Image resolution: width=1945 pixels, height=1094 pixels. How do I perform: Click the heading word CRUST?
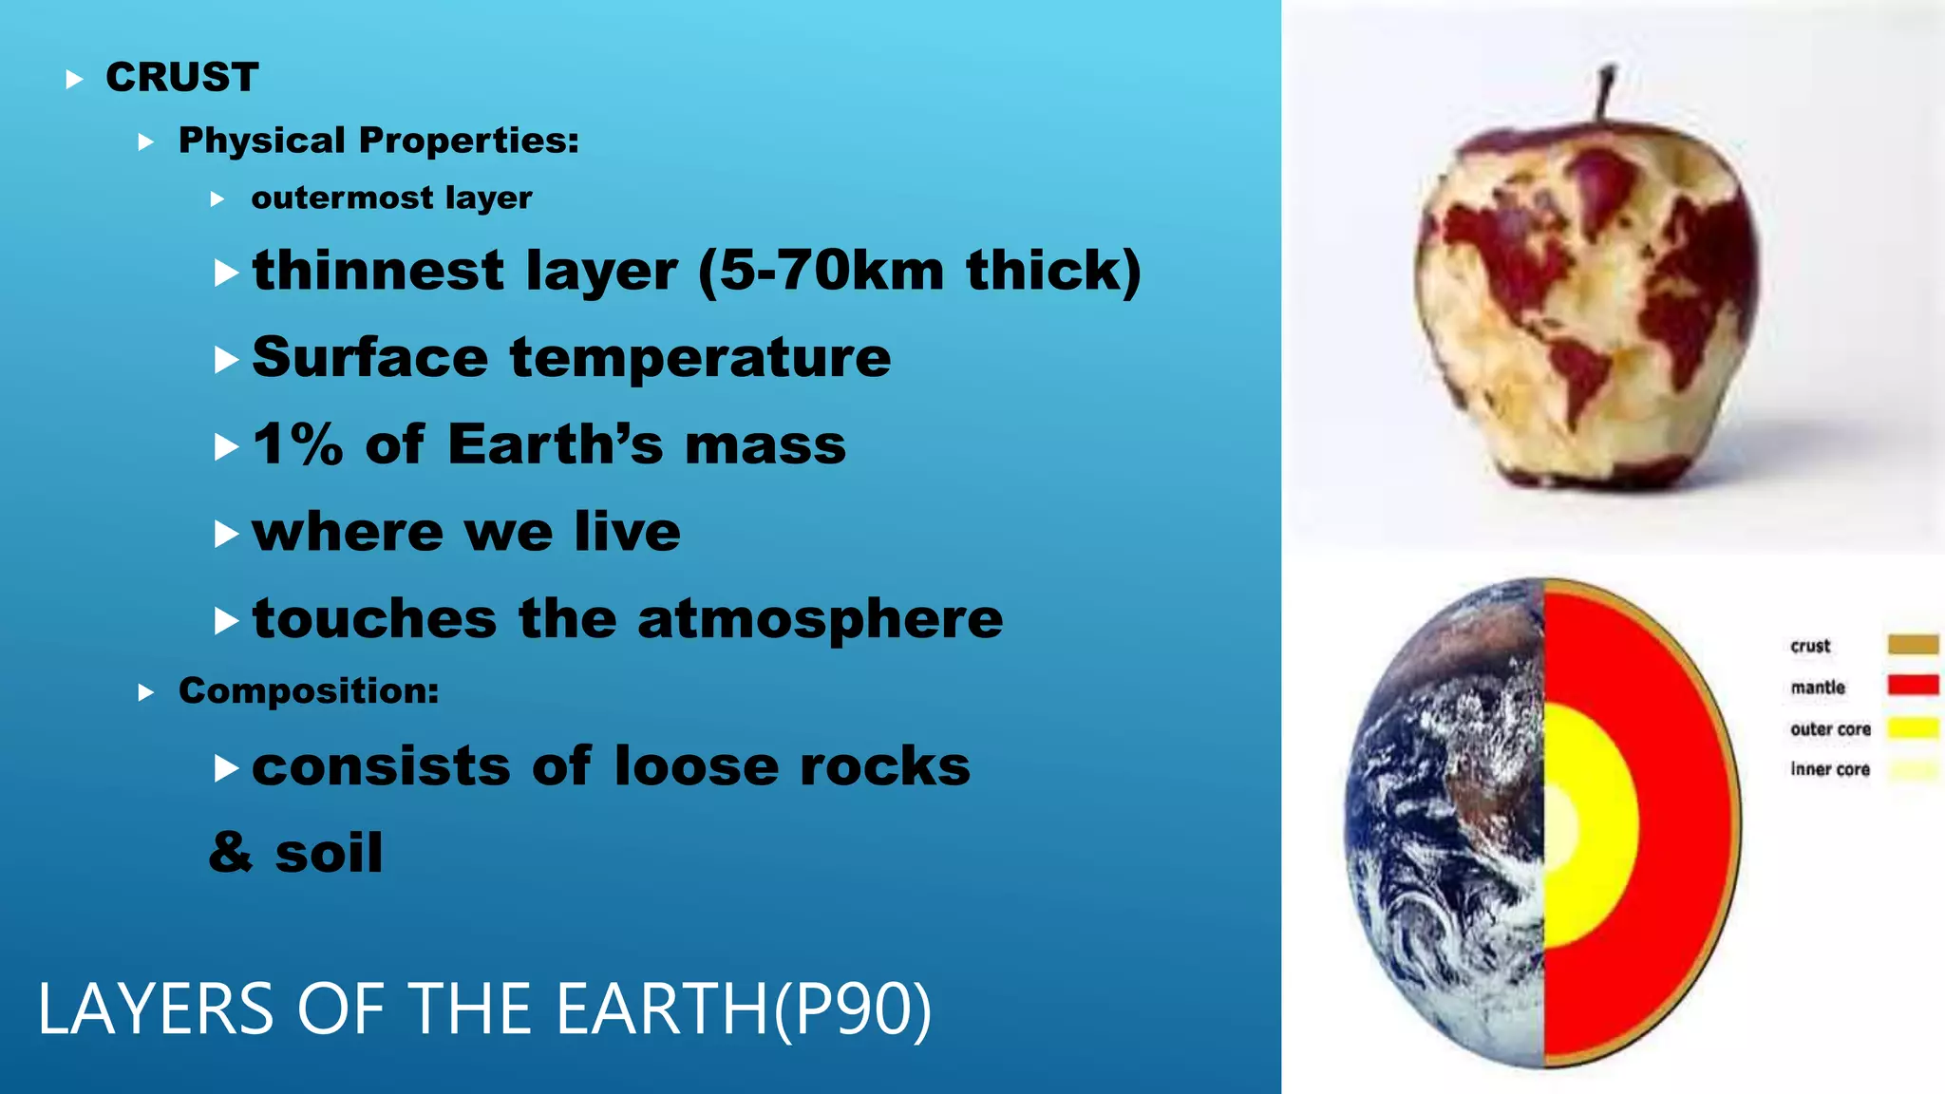[x=181, y=77]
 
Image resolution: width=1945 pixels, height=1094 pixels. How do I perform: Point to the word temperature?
[x=700, y=358]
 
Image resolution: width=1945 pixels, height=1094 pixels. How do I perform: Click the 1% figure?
[x=297, y=444]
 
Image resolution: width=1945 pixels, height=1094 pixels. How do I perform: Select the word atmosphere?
[x=820, y=619]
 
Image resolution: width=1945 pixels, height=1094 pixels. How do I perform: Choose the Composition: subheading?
[x=309, y=690]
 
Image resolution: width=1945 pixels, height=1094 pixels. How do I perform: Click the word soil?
[x=329, y=853]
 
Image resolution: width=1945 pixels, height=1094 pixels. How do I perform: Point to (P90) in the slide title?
[x=853, y=1009]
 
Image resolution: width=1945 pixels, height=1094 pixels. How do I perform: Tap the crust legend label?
[x=1810, y=646]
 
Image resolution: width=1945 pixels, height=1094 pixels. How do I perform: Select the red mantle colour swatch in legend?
[x=1913, y=685]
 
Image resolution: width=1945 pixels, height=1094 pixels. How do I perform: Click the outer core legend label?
[x=1830, y=728]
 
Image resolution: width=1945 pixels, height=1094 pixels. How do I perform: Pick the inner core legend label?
[x=1830, y=769]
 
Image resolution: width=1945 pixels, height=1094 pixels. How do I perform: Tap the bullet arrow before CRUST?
[x=74, y=80]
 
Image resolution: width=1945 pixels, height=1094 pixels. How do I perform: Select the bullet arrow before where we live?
[x=226, y=534]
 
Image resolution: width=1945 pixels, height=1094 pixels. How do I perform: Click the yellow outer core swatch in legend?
[x=1913, y=728]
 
